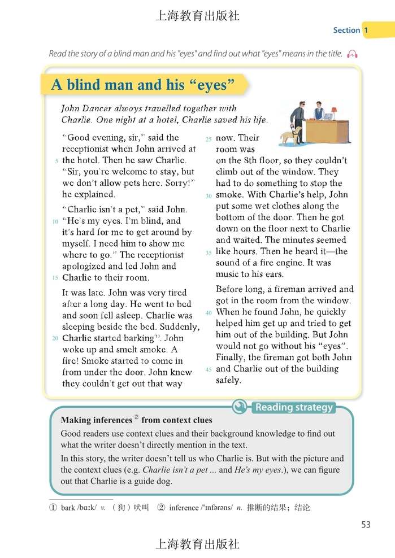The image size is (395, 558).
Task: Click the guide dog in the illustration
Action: (x=290, y=136)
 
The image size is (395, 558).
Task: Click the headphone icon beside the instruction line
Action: (x=353, y=54)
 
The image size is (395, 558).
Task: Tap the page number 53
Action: (x=366, y=525)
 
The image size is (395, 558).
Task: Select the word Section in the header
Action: (x=346, y=30)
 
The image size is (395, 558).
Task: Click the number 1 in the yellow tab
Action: (x=366, y=30)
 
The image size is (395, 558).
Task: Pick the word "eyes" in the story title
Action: (x=213, y=85)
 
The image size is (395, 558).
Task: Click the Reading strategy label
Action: (x=294, y=407)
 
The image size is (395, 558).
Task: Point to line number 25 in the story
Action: (x=208, y=139)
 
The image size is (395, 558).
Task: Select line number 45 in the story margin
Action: (x=208, y=370)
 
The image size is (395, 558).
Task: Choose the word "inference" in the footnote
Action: (x=184, y=508)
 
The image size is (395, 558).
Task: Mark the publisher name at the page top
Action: (x=197, y=16)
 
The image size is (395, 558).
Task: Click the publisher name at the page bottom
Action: (x=197, y=544)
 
